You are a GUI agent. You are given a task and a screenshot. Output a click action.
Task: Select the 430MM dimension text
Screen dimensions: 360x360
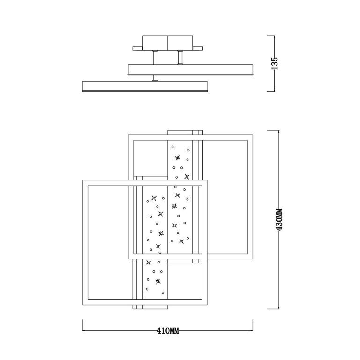(279, 219)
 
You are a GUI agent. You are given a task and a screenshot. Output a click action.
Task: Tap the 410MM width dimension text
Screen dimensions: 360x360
(168, 331)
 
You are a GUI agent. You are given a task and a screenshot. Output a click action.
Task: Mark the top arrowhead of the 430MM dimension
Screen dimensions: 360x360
(279, 131)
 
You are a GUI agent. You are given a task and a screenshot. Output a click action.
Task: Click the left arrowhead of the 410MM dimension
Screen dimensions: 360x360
(85, 330)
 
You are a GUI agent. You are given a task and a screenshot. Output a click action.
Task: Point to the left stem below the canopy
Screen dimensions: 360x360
(155, 58)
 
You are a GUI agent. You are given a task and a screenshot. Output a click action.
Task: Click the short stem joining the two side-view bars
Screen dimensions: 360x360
(155, 78)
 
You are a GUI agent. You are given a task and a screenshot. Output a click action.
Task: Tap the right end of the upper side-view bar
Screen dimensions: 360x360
(252, 69)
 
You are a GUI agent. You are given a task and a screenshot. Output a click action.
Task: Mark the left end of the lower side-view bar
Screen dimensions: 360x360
(84, 87)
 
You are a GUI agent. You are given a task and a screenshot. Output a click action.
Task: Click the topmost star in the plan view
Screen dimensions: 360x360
(178, 158)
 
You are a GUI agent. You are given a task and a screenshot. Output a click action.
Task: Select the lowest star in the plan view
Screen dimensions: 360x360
(158, 282)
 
